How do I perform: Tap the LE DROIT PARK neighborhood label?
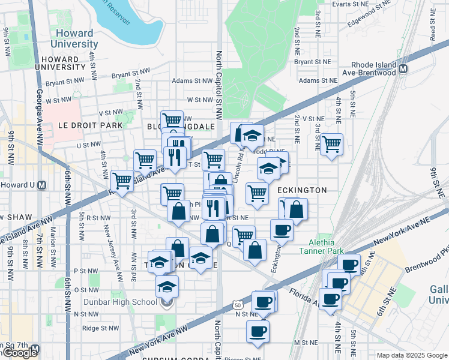pyautogui.click(x=89, y=125)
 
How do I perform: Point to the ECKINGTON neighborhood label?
pyautogui.click(x=303, y=190)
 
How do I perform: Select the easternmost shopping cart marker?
pyautogui.click(x=331, y=145)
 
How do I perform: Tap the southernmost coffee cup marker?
pyautogui.click(x=258, y=331)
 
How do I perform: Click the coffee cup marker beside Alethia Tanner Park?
pyautogui.click(x=282, y=230)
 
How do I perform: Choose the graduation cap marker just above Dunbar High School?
pyautogui.click(x=167, y=286)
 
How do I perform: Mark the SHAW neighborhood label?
pyautogui.click(x=13, y=217)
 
